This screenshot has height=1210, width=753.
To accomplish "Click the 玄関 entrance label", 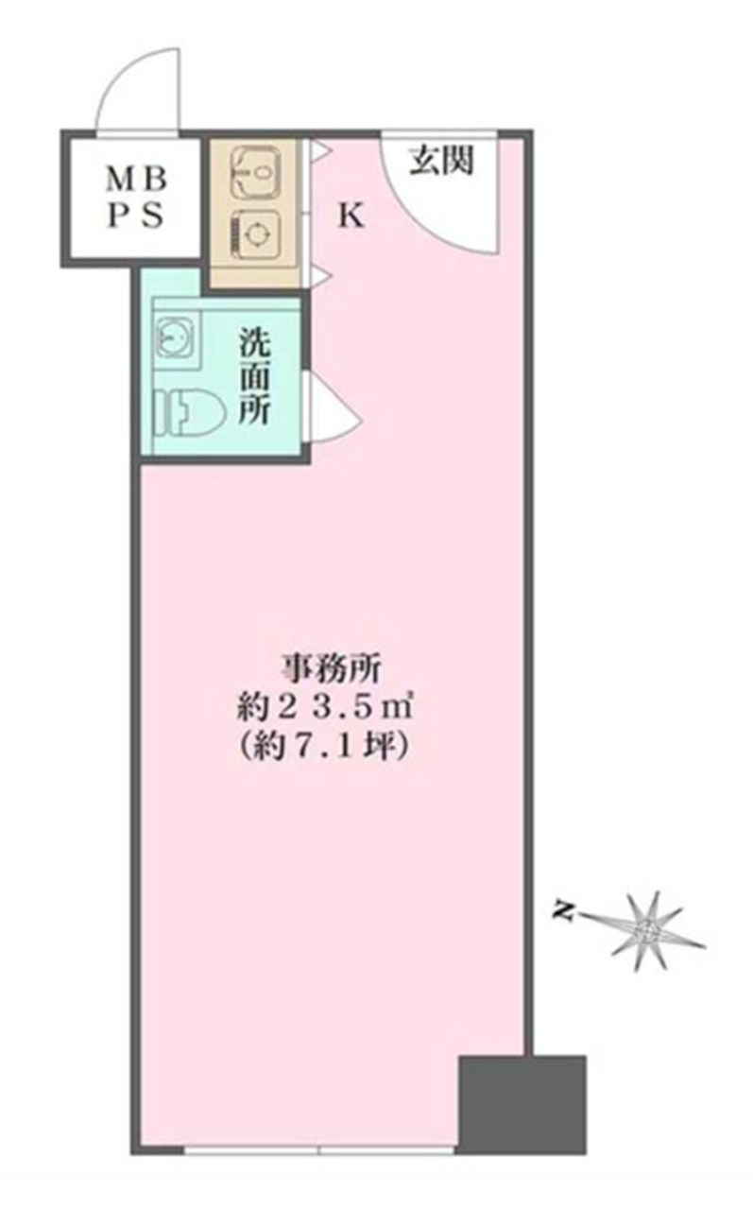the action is (x=441, y=161).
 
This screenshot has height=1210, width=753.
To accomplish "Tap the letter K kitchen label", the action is (x=351, y=216).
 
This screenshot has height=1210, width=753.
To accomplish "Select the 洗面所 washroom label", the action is (x=254, y=376).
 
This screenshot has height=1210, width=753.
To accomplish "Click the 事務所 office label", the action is (x=330, y=670).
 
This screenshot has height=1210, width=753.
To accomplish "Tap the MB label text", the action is (x=136, y=181).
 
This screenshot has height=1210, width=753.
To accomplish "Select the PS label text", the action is (x=136, y=216).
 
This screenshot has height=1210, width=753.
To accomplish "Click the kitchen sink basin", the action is (x=255, y=173).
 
